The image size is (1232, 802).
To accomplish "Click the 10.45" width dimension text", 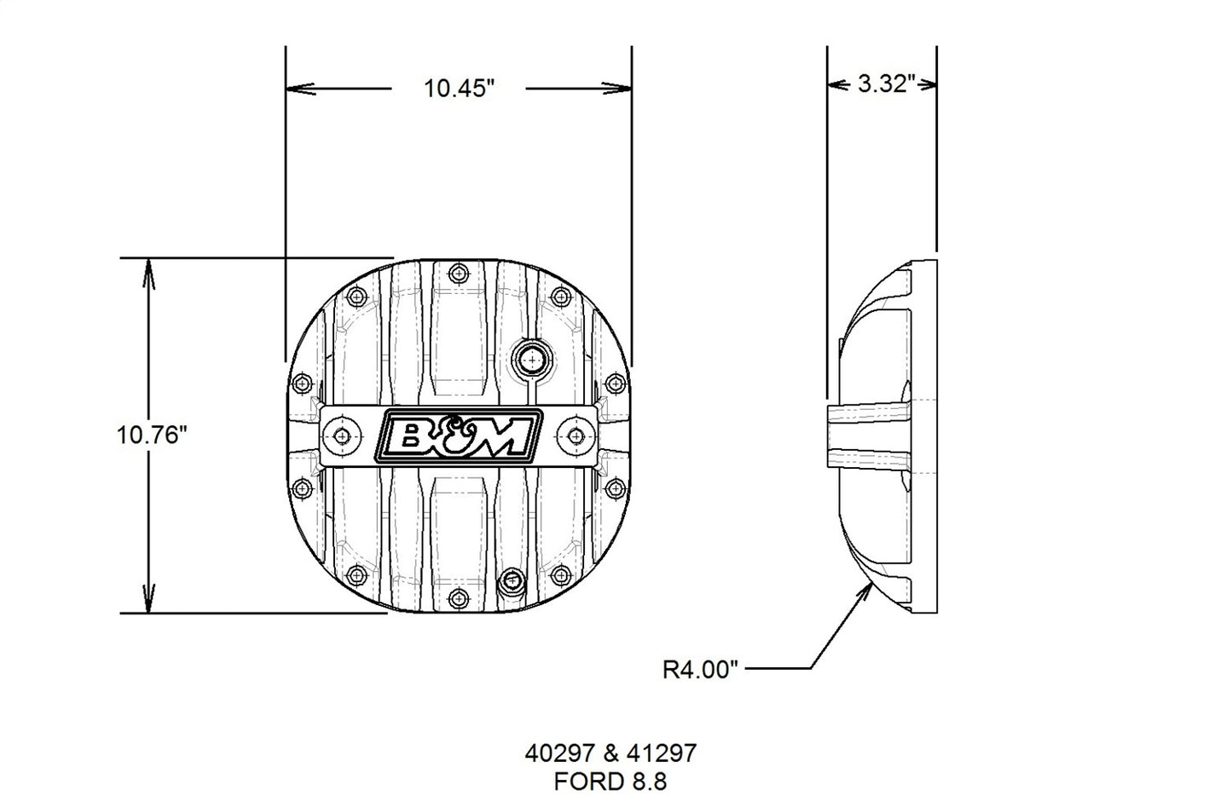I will (460, 88).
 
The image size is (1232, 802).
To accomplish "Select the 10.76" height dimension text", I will (152, 436).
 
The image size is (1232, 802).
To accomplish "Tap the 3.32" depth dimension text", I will (886, 84).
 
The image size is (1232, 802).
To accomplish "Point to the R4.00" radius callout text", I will (699, 669).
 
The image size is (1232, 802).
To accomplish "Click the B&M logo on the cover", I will (459, 436).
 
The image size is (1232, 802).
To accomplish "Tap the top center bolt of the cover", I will (460, 274).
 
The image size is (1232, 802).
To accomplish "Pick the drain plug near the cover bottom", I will (512, 581).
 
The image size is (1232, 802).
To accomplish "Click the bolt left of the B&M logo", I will (343, 436).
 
